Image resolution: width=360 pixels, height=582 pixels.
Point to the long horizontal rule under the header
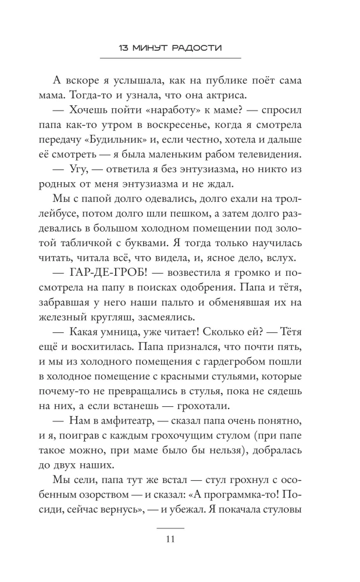(170, 58)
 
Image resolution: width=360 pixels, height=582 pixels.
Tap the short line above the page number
(170, 527)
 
